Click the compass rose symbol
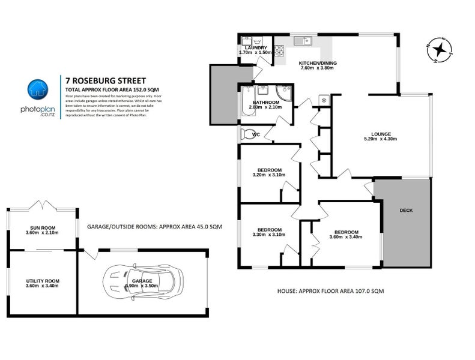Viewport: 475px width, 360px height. pyautogui.click(x=441, y=49)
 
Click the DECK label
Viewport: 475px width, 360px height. pyautogui.click(x=407, y=211)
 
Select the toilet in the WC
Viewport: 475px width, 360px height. pyautogui.click(x=246, y=133)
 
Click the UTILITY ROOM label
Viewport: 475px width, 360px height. pyautogui.click(x=42, y=280)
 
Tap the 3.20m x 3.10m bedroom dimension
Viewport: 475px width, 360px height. pyautogui.click(x=268, y=175)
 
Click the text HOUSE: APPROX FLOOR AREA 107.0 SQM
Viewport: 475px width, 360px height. pyautogui.click(x=330, y=290)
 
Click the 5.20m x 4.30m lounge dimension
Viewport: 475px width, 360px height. pyautogui.click(x=381, y=139)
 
